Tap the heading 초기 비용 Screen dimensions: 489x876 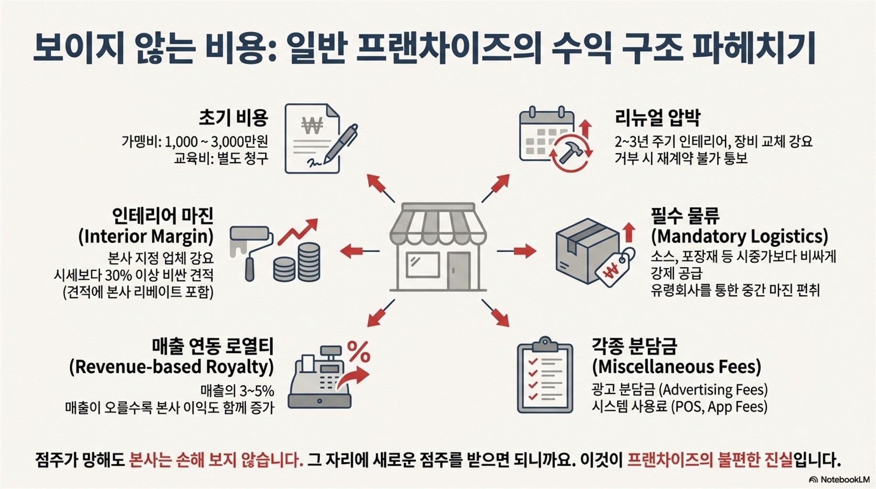tap(233, 117)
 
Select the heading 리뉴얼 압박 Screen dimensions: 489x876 tap(657, 117)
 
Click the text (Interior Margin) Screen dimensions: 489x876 tap(146, 236)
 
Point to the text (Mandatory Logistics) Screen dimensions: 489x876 tap(739, 236)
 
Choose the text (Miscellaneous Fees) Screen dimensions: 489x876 tap(676, 367)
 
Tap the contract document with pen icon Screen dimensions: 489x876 tap(317, 138)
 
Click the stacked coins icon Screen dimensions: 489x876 tap(298, 263)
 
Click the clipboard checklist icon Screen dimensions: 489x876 tap(545, 375)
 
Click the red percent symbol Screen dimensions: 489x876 tap(359, 352)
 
